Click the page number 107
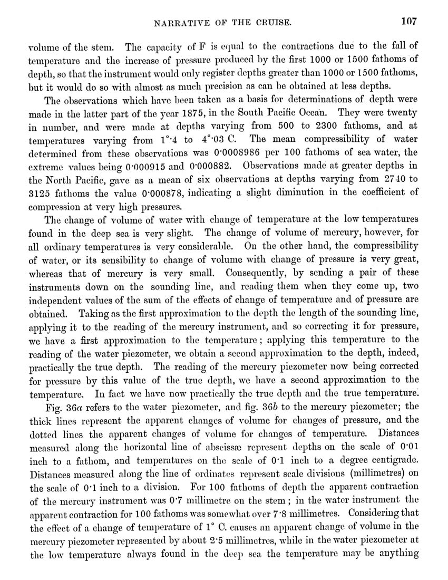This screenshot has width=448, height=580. point(408,22)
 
